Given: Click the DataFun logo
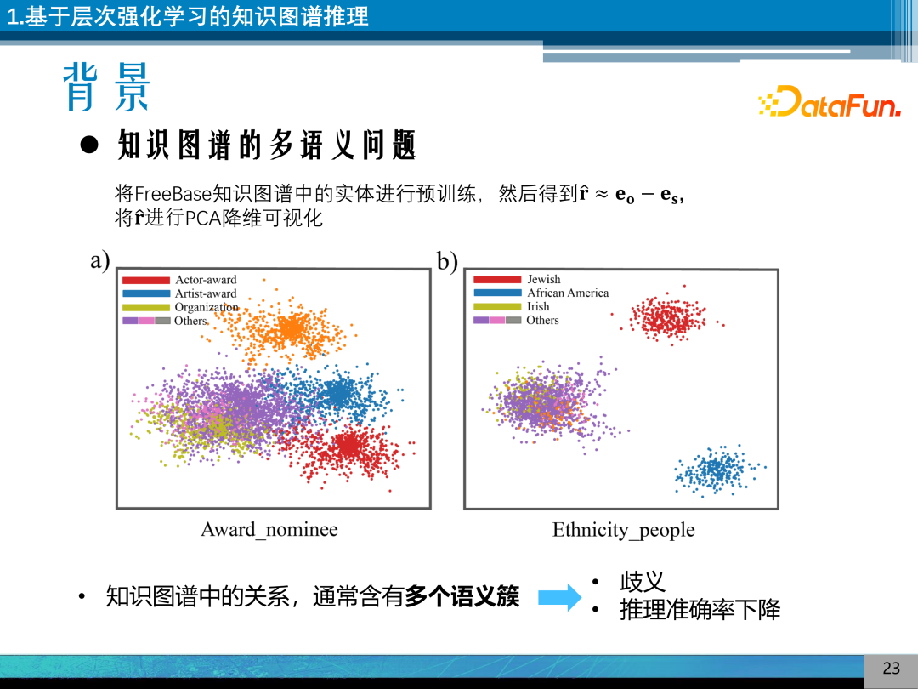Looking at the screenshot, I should click(x=829, y=102).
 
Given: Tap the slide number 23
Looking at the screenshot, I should click(x=891, y=669).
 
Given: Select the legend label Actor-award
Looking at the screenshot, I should click(x=206, y=280).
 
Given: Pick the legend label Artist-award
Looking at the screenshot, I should click(x=206, y=293).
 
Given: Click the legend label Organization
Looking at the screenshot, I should click(x=207, y=307).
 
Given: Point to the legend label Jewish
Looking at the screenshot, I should click(x=544, y=279).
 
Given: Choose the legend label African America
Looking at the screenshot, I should click(x=568, y=293).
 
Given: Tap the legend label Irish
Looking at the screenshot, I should click(x=538, y=306).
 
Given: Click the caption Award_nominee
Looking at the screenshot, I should click(x=269, y=530).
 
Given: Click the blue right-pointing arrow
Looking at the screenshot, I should click(x=559, y=596).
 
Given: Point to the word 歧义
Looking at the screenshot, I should click(x=643, y=583).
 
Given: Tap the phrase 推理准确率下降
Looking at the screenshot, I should click(x=700, y=610).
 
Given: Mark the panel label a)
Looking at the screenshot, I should click(x=100, y=260).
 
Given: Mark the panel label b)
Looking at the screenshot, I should click(x=447, y=261).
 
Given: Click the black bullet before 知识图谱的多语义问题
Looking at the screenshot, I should click(x=89, y=145).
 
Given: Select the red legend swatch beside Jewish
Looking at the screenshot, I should click(x=497, y=279).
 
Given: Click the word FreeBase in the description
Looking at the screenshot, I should click(x=173, y=194).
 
